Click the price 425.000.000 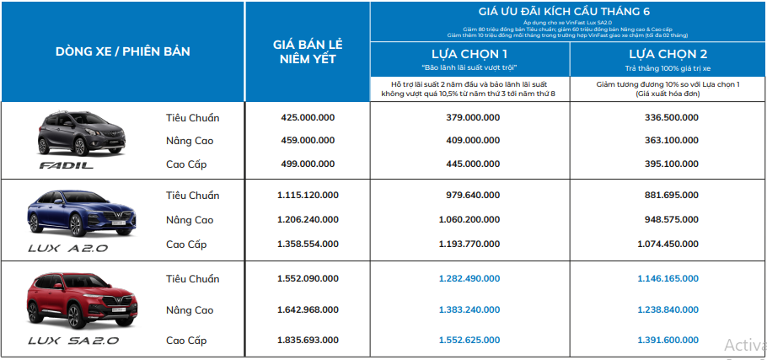tap(308, 117)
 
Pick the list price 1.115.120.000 tap(308, 196)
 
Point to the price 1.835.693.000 tap(308, 340)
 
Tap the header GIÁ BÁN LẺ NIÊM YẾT tap(308, 51)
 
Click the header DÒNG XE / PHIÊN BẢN tap(123, 51)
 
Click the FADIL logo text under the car tap(67, 167)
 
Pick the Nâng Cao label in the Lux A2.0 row tap(190, 220)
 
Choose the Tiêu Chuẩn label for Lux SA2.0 tap(192, 278)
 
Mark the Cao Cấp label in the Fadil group tap(186, 164)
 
